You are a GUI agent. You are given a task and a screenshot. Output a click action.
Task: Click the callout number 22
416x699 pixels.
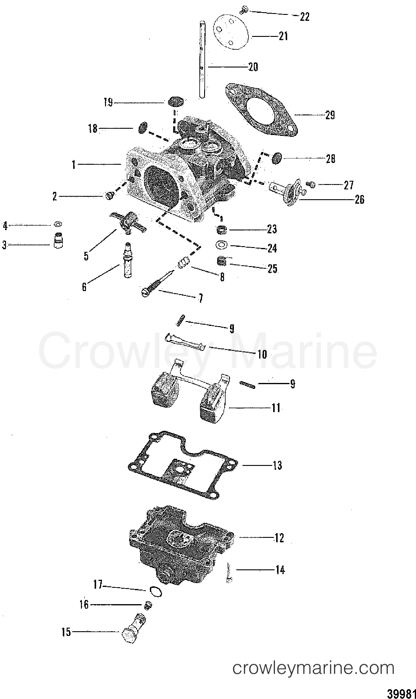click(x=304, y=17)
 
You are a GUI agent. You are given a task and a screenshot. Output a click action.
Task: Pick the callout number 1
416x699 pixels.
click(x=74, y=164)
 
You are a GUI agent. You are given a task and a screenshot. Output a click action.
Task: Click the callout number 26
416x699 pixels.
click(x=359, y=199)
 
